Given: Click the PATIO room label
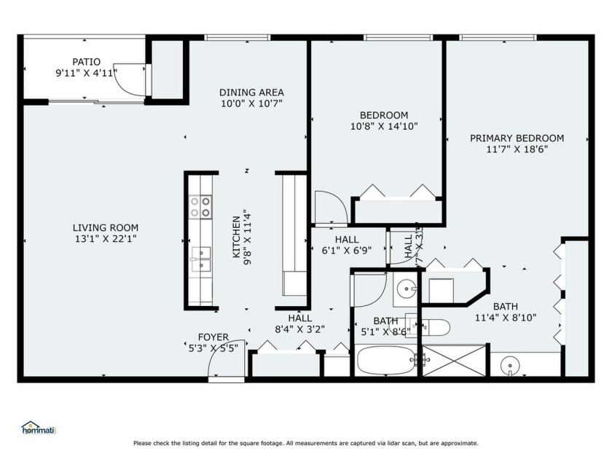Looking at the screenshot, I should (86, 62).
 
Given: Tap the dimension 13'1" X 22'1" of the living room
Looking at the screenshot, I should (105, 238).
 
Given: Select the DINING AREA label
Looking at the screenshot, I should (251, 93).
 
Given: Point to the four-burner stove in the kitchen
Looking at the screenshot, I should (200, 207).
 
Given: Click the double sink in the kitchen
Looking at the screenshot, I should (200, 258).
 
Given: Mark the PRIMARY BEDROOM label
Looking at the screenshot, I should (517, 138).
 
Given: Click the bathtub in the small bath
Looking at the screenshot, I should (386, 360).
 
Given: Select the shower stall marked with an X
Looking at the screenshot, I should (454, 361).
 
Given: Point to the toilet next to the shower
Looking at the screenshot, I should (434, 326).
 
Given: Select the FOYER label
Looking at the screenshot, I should (213, 337).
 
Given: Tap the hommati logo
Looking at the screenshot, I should (39, 428).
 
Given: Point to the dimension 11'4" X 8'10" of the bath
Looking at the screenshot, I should (506, 317).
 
